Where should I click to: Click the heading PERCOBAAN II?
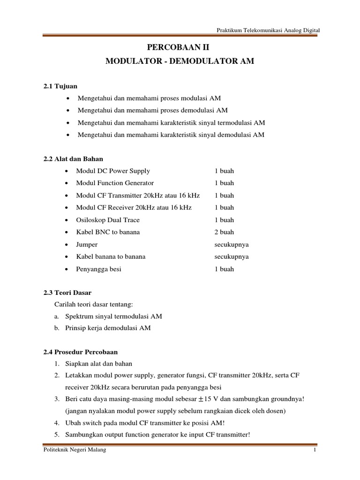[x=180, y=48]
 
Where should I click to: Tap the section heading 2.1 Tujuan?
[x=60, y=86]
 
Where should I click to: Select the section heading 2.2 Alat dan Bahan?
[x=73, y=159]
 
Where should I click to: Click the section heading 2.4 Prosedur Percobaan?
[x=81, y=352]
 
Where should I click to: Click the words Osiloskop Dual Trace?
[x=108, y=220]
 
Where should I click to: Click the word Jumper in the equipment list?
[x=87, y=244]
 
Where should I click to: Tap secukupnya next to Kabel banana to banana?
[x=232, y=257]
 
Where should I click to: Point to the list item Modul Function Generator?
[x=115, y=183]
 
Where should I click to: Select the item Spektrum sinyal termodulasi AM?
[x=114, y=316]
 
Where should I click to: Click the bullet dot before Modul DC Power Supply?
[x=68, y=171]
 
